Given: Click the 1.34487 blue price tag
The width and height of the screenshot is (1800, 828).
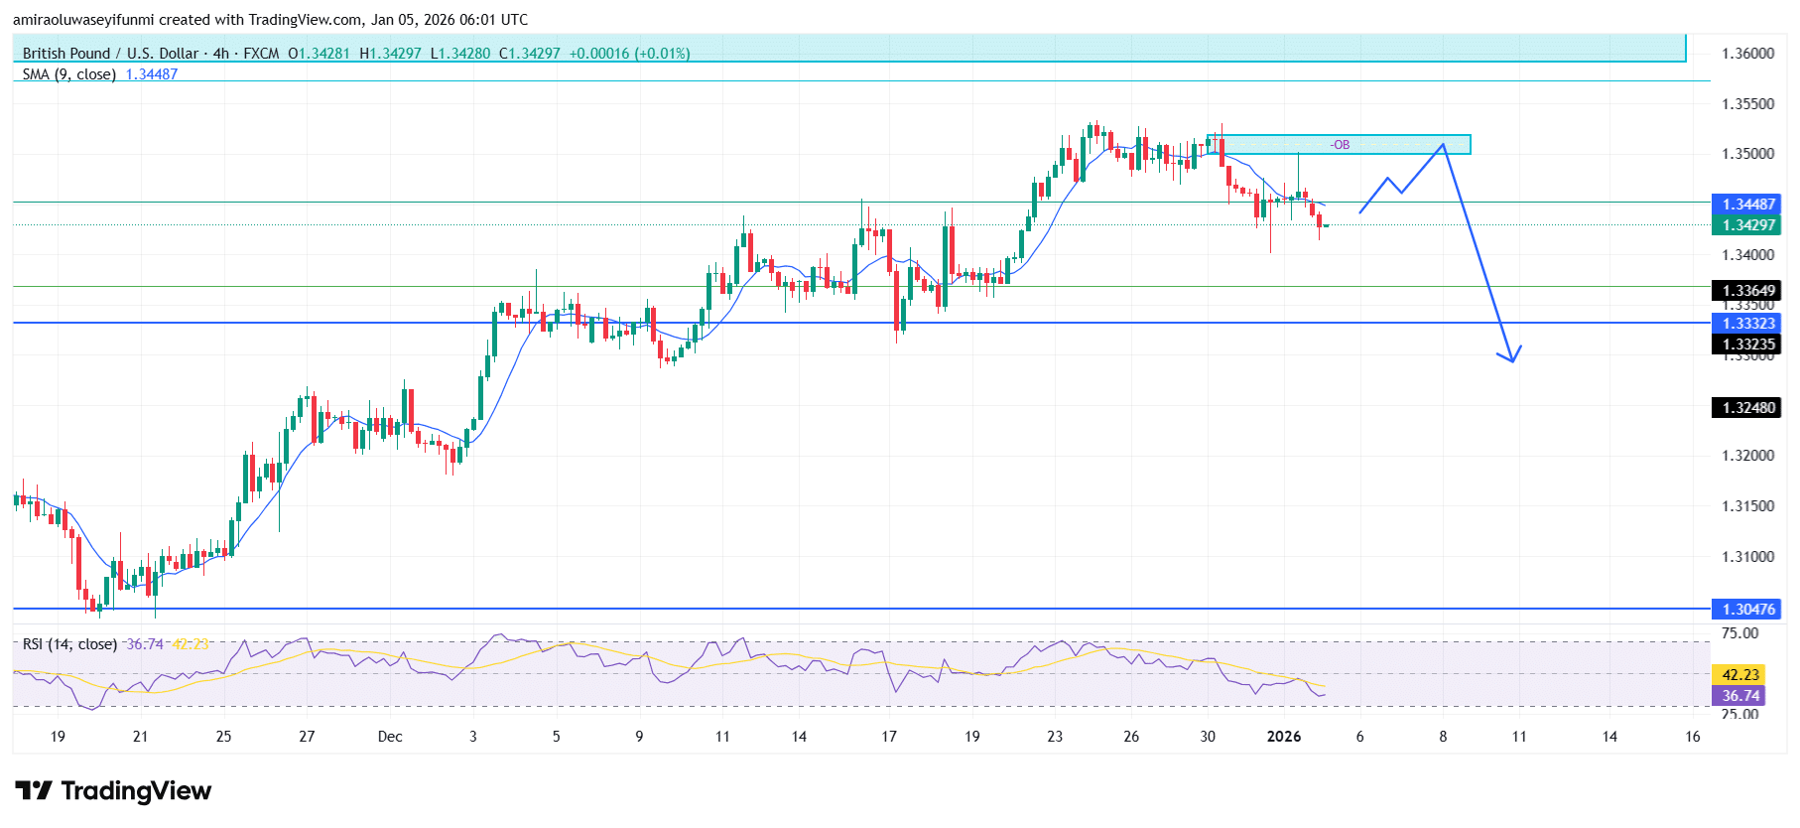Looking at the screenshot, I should click(1747, 205).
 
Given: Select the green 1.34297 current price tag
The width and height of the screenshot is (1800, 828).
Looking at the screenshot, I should click(1747, 225).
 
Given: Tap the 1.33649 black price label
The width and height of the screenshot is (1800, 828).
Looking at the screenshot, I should click(1747, 291).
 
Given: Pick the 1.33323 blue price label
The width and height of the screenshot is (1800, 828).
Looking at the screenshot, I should click(1747, 324).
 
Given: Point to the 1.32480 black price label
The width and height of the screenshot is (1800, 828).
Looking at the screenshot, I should click(1747, 408).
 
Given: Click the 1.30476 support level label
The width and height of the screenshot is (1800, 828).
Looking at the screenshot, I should click(1747, 610).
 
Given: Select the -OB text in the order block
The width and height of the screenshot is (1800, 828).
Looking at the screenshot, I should click(1340, 145).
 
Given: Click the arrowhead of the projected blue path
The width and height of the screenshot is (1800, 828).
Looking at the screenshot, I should click(1512, 359).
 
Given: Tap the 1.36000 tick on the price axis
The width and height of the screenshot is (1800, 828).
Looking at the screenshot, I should click(1747, 54).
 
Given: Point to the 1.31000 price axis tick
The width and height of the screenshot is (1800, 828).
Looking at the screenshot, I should click(1747, 557).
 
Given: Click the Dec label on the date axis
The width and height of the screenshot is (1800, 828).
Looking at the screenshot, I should click(390, 737).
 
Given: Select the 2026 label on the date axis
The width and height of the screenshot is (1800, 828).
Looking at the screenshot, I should click(1284, 737).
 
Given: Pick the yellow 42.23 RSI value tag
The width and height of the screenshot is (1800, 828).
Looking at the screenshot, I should click(1740, 675).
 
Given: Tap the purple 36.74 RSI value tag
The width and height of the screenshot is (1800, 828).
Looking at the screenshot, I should click(1740, 696).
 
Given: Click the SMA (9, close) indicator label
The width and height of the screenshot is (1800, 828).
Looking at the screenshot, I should click(69, 74).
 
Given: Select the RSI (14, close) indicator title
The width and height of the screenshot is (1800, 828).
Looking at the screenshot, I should click(69, 644).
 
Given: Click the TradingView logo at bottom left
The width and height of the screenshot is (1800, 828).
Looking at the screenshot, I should click(114, 791).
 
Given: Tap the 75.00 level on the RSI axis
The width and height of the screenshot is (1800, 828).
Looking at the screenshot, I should click(1739, 633).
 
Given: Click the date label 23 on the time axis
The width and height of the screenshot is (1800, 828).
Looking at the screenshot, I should click(1055, 737).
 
